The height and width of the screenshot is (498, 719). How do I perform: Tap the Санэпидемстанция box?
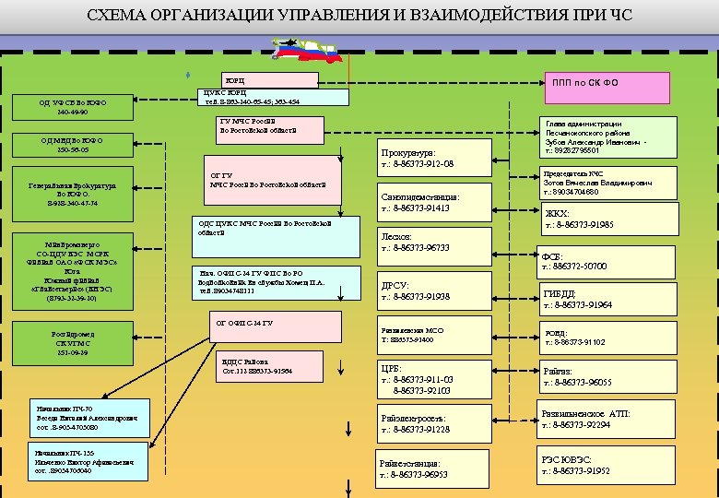[x=426, y=202]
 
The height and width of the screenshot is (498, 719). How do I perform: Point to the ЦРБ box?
[x=426, y=380]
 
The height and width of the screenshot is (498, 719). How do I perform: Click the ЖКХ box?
[x=609, y=219]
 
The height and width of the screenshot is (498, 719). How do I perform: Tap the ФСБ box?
[x=609, y=261]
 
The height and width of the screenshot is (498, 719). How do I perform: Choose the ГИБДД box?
[x=609, y=299]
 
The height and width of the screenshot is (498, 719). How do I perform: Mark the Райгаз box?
[x=609, y=377]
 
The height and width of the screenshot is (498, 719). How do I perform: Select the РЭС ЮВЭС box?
[x=609, y=464]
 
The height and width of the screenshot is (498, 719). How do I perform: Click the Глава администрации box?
[x=609, y=136]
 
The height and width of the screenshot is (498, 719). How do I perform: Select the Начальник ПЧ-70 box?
[x=88, y=418]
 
